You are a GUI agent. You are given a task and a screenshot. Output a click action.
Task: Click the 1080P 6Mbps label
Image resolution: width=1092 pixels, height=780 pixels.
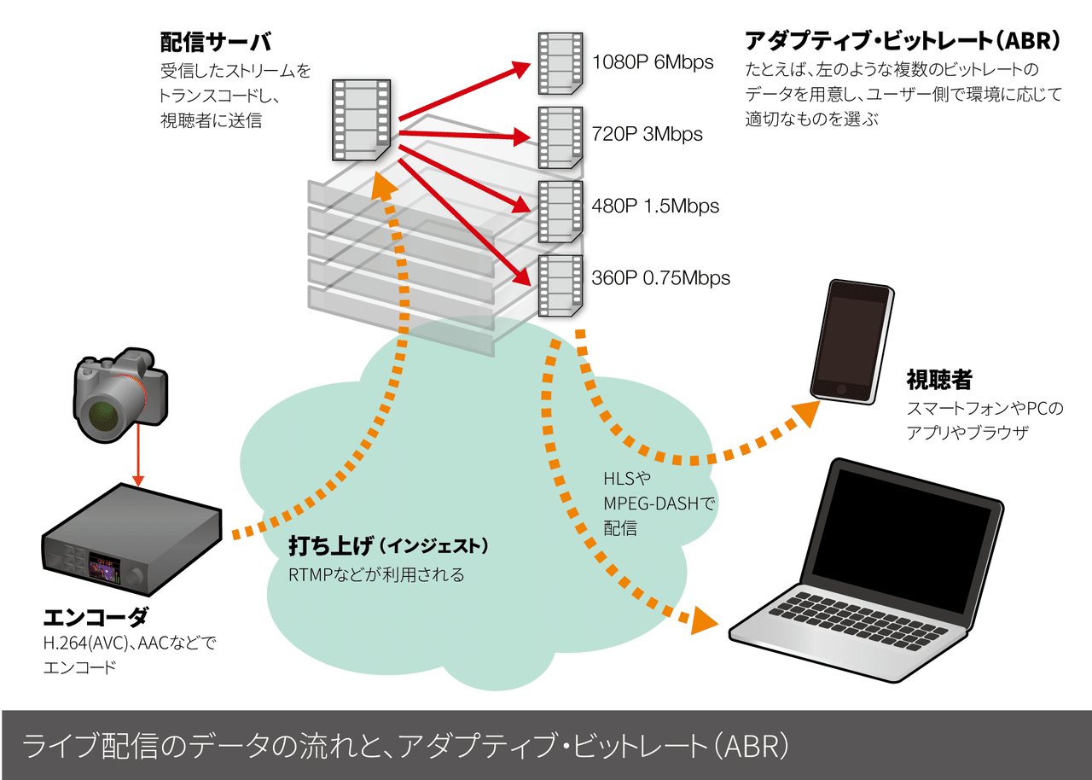(x=653, y=62)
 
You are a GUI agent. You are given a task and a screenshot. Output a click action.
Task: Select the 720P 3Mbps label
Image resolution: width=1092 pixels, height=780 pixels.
(x=647, y=134)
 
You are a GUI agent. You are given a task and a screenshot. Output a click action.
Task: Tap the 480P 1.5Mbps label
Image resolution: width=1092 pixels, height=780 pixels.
(x=655, y=206)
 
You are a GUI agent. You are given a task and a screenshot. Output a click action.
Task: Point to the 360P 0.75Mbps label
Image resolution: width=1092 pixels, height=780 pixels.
(x=661, y=277)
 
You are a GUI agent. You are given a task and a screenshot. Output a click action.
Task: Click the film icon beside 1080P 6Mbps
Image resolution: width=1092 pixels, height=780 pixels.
(x=560, y=62)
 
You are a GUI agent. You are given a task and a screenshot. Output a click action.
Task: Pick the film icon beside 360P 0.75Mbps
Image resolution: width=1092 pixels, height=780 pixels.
(x=560, y=283)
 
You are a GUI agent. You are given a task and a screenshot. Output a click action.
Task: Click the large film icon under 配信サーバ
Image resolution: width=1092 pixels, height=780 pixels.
(x=362, y=119)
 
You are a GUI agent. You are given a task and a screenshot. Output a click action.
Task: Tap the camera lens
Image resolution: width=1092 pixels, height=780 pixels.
(x=106, y=412)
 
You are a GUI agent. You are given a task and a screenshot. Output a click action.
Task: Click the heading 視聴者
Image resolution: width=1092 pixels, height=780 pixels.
(x=938, y=380)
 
